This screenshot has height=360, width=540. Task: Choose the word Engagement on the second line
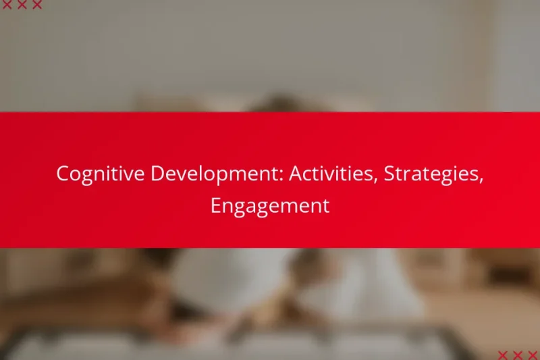pos(270,206)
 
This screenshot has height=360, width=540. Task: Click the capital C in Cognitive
pos(62,174)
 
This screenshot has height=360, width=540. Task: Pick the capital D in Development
pos(157,174)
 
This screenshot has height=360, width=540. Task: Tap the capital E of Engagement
pos(215,205)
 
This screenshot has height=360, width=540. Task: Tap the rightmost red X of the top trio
pos(37,5)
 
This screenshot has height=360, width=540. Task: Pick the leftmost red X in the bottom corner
pos(503,355)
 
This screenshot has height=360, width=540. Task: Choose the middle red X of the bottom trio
pos(518,355)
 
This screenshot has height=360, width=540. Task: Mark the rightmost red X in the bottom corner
pos(533,355)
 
